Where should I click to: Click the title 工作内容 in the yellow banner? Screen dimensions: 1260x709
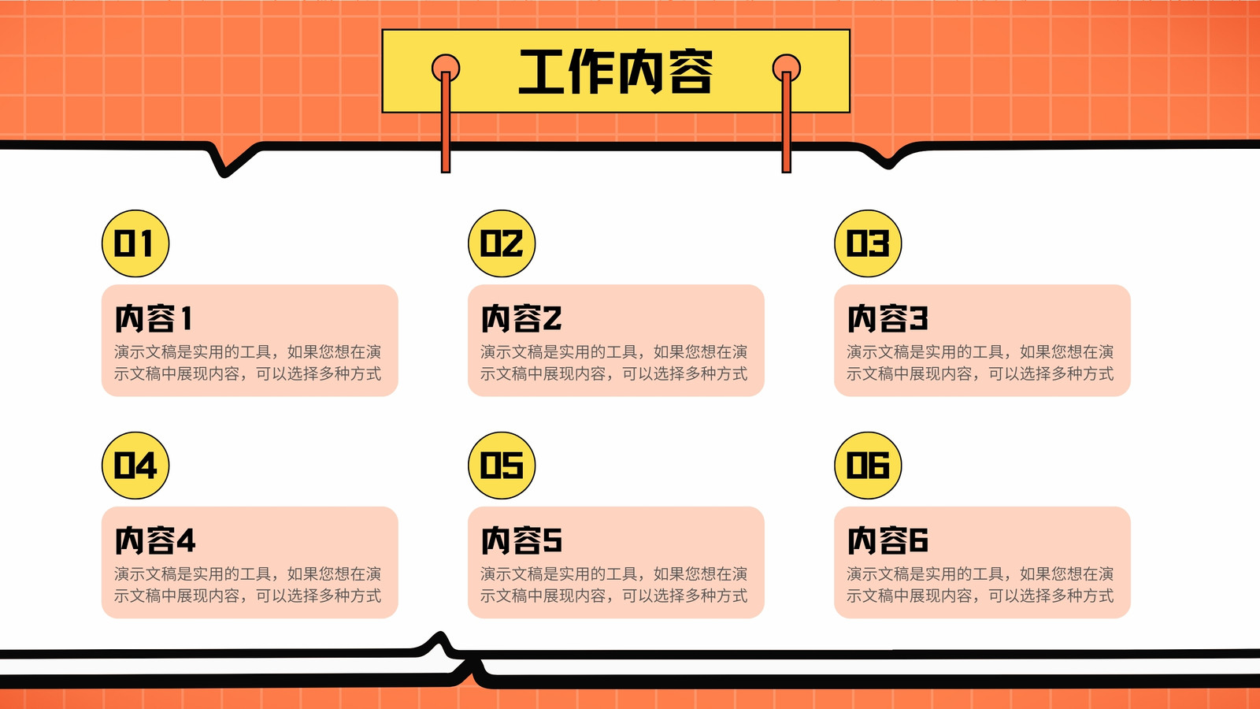point(616,72)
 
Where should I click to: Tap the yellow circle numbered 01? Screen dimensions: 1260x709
point(135,243)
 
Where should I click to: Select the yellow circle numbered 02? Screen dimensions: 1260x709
point(502,243)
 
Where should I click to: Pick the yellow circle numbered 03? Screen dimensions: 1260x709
point(868,243)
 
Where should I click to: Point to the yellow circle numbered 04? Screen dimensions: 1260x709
point(135,466)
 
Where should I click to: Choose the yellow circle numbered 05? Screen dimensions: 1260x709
point(502,466)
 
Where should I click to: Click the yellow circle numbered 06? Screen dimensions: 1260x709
point(868,466)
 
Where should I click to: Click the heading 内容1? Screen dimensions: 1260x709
point(154,318)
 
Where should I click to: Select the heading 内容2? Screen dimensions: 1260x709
point(521,318)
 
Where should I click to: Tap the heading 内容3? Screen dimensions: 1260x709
point(888,318)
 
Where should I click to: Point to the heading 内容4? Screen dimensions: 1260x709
point(154,540)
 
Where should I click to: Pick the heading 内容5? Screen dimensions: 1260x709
point(521,540)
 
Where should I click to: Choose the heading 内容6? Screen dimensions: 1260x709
point(888,540)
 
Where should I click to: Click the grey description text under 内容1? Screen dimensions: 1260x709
point(247,363)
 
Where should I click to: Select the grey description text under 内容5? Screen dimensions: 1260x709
point(613,585)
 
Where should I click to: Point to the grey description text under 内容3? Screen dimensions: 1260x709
point(980,363)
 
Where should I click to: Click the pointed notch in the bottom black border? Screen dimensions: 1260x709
point(440,637)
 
